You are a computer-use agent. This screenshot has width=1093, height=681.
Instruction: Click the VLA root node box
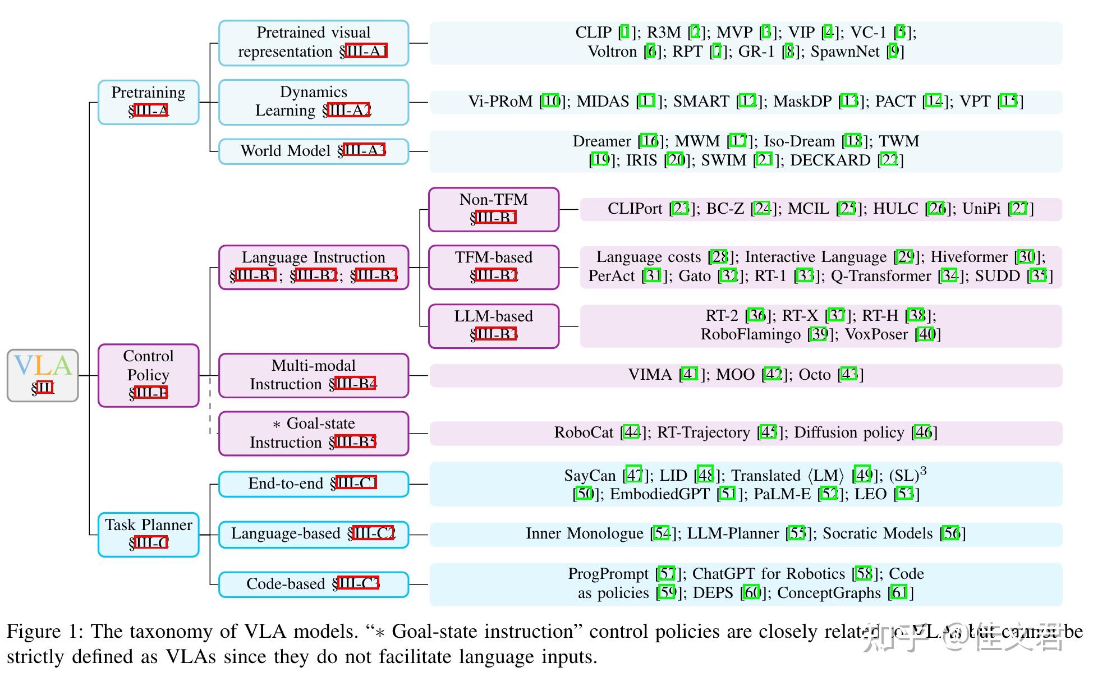click(x=43, y=375)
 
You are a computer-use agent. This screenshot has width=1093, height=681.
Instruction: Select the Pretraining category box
click(x=148, y=102)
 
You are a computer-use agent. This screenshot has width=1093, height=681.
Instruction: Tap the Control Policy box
click(x=148, y=375)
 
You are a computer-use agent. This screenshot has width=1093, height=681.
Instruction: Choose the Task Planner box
click(x=148, y=534)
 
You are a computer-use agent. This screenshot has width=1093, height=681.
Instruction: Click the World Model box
click(x=313, y=151)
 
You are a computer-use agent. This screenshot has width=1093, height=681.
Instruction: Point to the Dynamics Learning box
click(x=313, y=102)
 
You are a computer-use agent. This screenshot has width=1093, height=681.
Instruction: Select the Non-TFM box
click(x=493, y=209)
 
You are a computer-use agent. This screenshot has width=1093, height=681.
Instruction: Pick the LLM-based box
click(x=493, y=325)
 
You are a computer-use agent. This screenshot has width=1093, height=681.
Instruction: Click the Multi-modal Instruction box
click(x=313, y=375)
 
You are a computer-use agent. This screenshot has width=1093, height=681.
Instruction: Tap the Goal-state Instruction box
click(x=313, y=433)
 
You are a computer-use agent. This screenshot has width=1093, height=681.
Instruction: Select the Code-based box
click(x=313, y=584)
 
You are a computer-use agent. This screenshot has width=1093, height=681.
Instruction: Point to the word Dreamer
click(x=601, y=141)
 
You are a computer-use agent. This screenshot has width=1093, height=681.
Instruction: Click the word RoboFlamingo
click(x=750, y=334)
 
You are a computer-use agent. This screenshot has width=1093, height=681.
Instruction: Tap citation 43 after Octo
click(x=849, y=374)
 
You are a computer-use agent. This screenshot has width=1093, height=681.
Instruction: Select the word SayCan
click(x=590, y=476)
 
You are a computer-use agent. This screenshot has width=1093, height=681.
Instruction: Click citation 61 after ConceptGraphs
click(x=899, y=592)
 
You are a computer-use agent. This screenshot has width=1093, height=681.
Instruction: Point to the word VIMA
click(x=650, y=374)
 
